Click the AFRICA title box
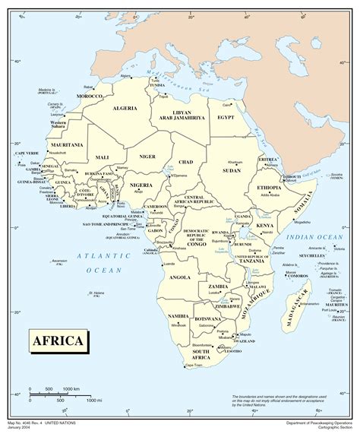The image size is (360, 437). [56, 340]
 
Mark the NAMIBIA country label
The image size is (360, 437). [178, 315]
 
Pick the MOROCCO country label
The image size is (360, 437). [89, 97]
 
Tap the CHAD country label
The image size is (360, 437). [186, 162]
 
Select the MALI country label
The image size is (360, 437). [103, 157]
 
